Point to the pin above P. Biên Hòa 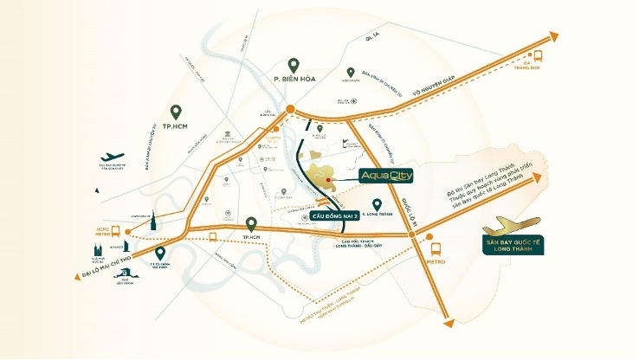point(294,65)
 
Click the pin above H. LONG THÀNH point(376,203)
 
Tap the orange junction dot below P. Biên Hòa point(291,110)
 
